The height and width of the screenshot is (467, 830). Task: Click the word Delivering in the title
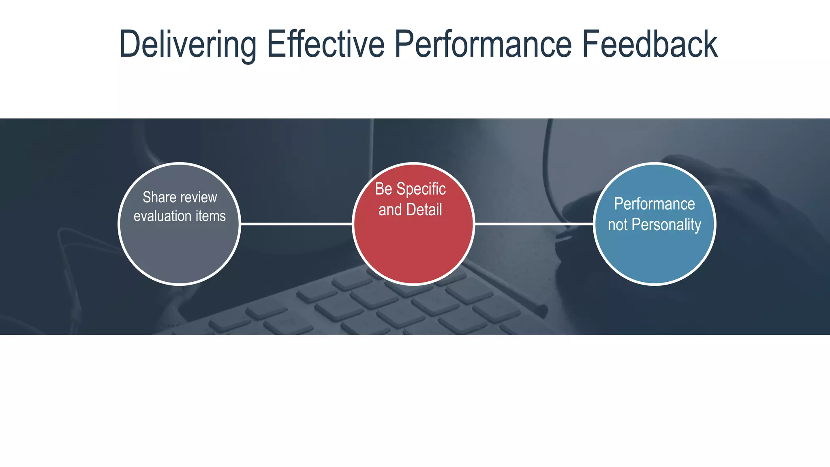click(x=188, y=45)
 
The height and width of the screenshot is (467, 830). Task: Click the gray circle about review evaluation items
click(x=180, y=251)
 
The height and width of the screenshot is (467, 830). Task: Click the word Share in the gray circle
click(x=159, y=197)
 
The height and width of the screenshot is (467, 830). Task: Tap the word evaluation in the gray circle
click(x=163, y=216)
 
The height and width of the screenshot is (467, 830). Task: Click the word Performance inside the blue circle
click(x=654, y=204)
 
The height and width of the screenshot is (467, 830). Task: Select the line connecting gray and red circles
click(x=296, y=224)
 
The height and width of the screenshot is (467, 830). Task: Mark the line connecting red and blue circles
click(x=534, y=224)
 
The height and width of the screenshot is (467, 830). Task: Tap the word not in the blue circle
click(x=618, y=225)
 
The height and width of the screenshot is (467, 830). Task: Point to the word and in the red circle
click(x=390, y=210)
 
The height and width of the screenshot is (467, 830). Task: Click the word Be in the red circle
click(x=383, y=189)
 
